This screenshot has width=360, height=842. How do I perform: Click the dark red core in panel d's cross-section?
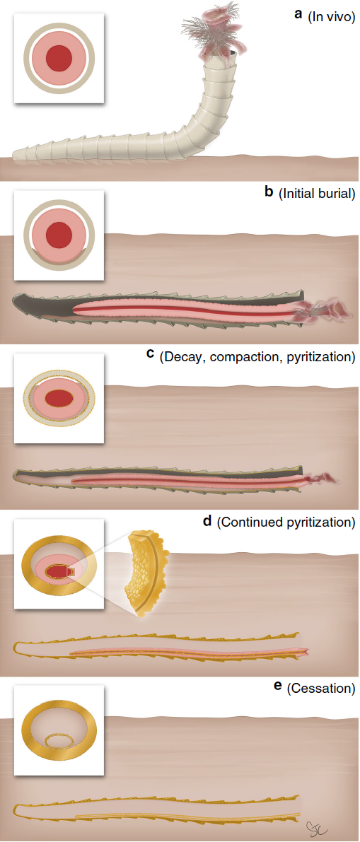point(58,569)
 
